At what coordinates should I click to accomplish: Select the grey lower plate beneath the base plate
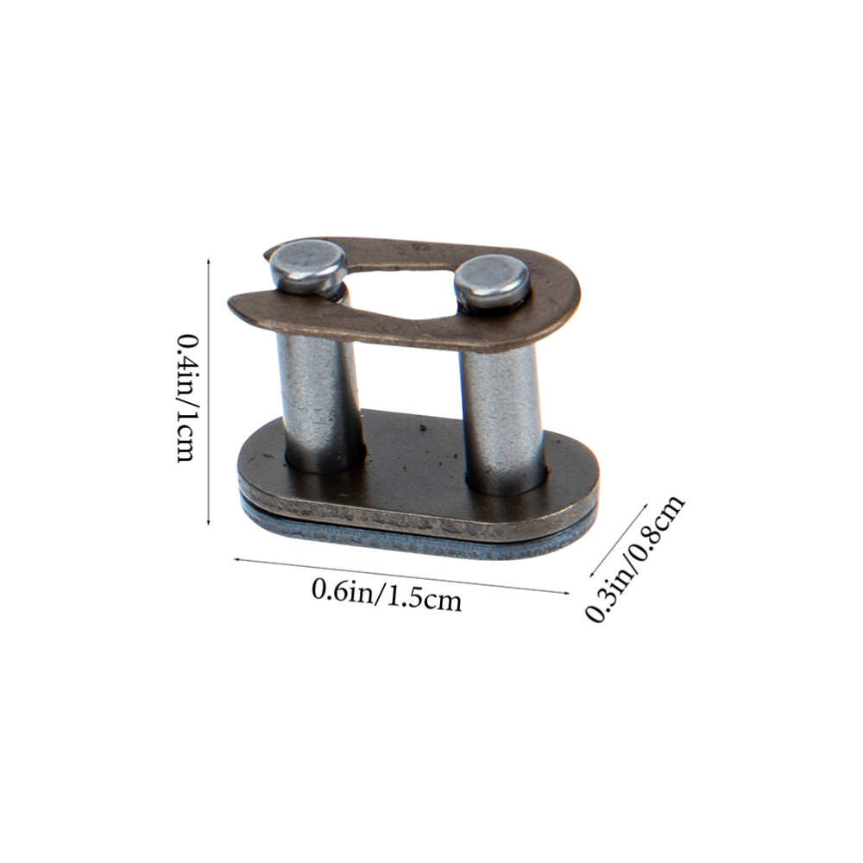tap(414, 540)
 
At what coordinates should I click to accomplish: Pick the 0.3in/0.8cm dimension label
tap(635, 557)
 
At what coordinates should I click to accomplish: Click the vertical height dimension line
tap(209, 393)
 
